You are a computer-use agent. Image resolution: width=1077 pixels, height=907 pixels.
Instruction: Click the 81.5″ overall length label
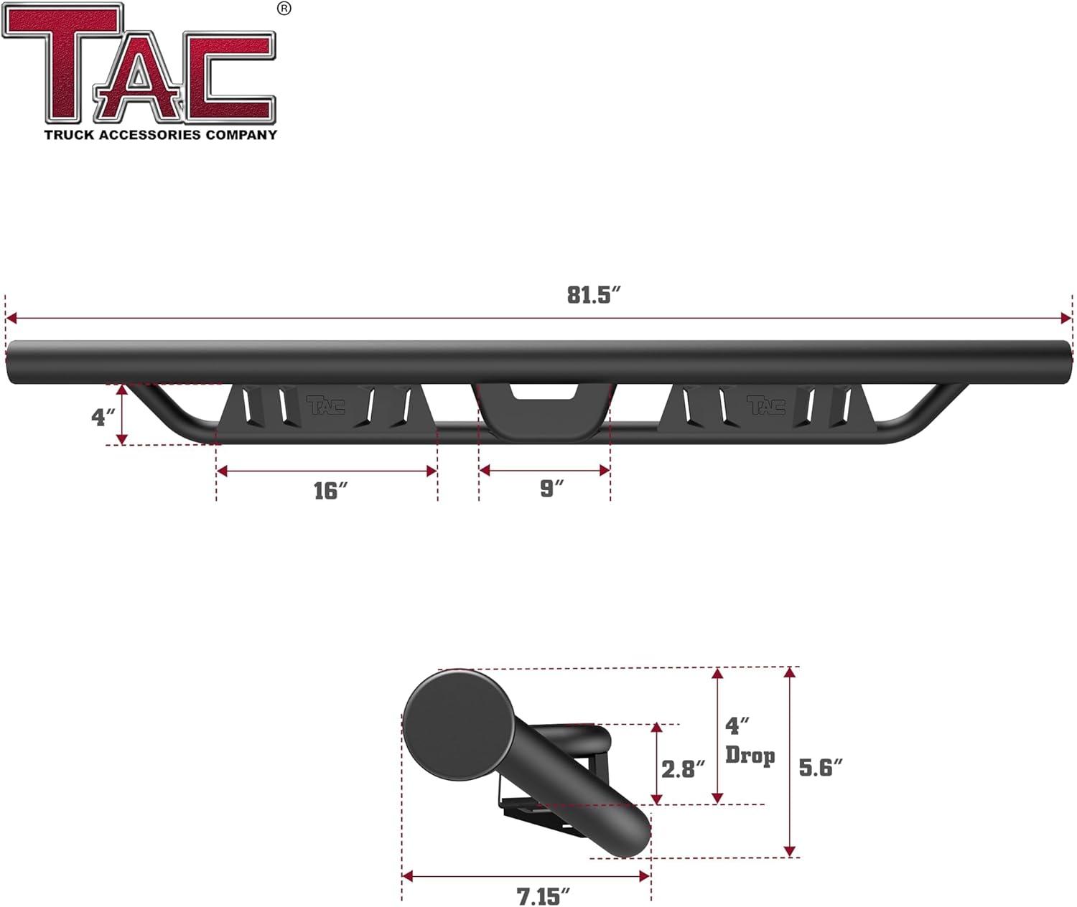point(593,295)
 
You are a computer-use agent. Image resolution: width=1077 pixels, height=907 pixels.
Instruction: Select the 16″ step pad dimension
point(330,491)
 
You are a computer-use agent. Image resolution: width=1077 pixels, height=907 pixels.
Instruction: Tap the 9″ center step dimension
point(551,489)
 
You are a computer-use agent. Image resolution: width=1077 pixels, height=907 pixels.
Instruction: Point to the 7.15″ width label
point(544,896)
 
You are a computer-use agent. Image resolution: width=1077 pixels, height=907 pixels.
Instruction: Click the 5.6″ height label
point(820,768)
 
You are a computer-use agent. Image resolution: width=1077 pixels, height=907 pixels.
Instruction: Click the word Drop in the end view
point(750,756)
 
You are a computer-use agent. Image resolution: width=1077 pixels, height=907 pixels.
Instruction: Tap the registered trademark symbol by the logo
point(284,9)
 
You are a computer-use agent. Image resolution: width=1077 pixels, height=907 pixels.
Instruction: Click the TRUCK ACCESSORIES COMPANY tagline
point(160,135)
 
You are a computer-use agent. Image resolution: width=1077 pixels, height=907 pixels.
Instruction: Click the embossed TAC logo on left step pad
point(325,405)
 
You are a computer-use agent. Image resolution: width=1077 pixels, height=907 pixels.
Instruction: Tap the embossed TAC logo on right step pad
point(765,405)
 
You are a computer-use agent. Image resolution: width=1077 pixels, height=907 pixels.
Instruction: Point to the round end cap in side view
point(458,725)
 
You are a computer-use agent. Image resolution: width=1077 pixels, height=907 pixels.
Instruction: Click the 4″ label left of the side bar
point(103,417)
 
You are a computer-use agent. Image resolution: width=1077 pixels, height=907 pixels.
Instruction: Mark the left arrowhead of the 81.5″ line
point(10,318)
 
